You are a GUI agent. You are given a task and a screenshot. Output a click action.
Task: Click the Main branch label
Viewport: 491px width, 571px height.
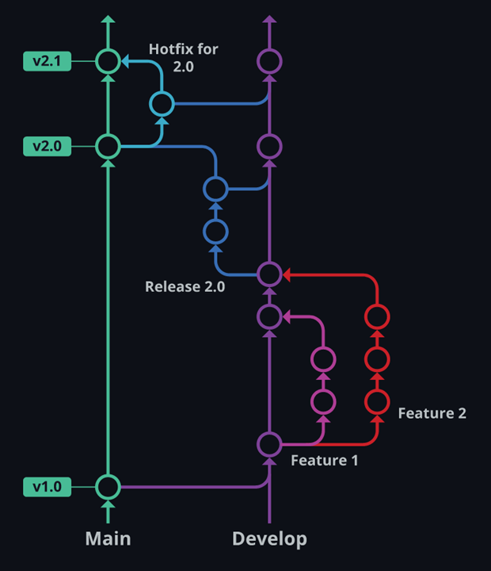tap(108, 539)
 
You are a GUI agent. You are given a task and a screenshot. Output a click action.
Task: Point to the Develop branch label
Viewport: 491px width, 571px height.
tap(269, 539)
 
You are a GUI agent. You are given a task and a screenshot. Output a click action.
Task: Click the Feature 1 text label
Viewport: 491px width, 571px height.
tap(325, 460)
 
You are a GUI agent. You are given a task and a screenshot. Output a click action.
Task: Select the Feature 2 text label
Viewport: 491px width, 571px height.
tap(432, 413)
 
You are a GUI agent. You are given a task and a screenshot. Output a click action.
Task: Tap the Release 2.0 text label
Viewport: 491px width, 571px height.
tap(185, 286)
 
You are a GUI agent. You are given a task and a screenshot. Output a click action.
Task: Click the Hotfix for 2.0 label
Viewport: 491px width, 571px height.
tap(184, 58)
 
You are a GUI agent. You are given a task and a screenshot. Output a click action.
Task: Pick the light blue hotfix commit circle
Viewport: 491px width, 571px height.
tap(162, 103)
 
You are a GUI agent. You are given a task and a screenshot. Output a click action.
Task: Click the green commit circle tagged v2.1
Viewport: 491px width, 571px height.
tap(108, 60)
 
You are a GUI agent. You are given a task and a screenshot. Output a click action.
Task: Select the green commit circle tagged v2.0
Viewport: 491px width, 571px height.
tap(108, 146)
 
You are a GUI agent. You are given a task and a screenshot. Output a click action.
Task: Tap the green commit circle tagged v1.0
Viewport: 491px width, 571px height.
tap(108, 485)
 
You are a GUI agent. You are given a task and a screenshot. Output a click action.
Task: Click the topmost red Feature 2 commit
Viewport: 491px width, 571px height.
tap(377, 317)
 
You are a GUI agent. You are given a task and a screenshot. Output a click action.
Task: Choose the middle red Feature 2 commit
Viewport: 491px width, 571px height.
tap(377, 359)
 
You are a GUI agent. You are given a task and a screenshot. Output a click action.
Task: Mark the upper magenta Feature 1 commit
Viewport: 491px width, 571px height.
tap(322, 359)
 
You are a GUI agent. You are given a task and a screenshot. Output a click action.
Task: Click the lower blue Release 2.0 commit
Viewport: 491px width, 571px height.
tap(215, 232)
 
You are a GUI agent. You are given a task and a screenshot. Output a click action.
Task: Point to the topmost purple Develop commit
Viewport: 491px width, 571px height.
tap(269, 60)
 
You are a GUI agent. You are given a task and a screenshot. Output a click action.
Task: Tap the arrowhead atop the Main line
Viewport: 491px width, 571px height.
tap(108, 20)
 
